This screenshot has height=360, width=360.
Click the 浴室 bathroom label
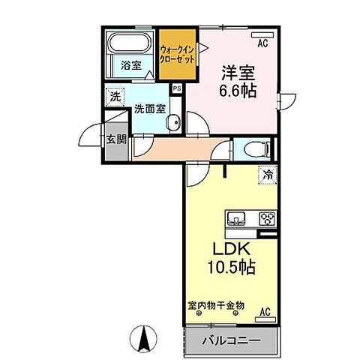(130, 66)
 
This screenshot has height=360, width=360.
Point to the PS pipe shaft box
(176, 88)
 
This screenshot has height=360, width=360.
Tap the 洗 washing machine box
(114, 96)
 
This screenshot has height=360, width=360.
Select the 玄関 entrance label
(115, 140)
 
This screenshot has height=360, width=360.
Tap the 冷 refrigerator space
(268, 175)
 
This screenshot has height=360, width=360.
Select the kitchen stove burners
(266, 219)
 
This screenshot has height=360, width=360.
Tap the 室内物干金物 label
(217, 306)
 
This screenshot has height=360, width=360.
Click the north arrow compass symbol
(142, 340)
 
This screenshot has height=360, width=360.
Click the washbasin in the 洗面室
(174, 124)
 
